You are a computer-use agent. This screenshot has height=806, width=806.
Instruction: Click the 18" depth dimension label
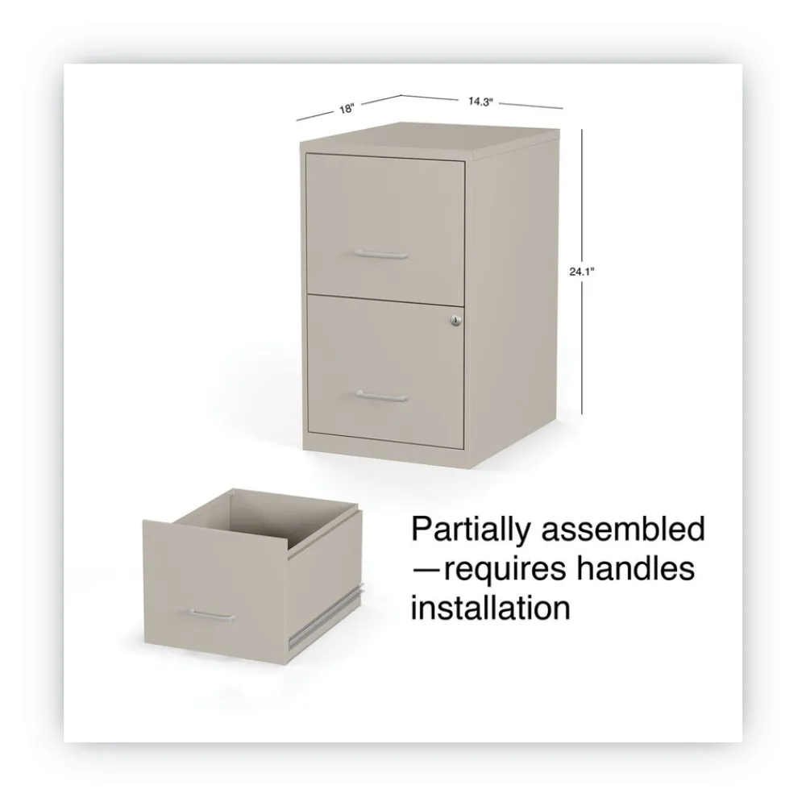pyautogui.click(x=347, y=109)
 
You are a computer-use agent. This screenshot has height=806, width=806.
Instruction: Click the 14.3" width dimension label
pyautogui.click(x=480, y=102)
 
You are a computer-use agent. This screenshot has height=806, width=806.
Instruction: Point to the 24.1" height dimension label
pyautogui.click(x=581, y=272)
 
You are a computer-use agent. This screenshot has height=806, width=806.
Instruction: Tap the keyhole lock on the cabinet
pyautogui.click(x=456, y=321)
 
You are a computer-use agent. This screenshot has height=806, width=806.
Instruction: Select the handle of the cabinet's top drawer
pyautogui.click(x=381, y=254)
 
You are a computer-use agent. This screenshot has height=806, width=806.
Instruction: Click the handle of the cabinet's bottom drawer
pyautogui.click(x=381, y=396)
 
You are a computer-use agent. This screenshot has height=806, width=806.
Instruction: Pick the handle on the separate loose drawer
pyautogui.click(x=212, y=615)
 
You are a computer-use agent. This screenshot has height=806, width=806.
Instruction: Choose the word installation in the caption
pyautogui.click(x=490, y=607)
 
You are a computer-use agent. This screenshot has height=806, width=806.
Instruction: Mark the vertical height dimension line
pyautogui.click(x=582, y=272)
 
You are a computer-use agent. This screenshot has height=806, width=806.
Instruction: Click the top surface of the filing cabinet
pyautogui.click(x=430, y=138)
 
